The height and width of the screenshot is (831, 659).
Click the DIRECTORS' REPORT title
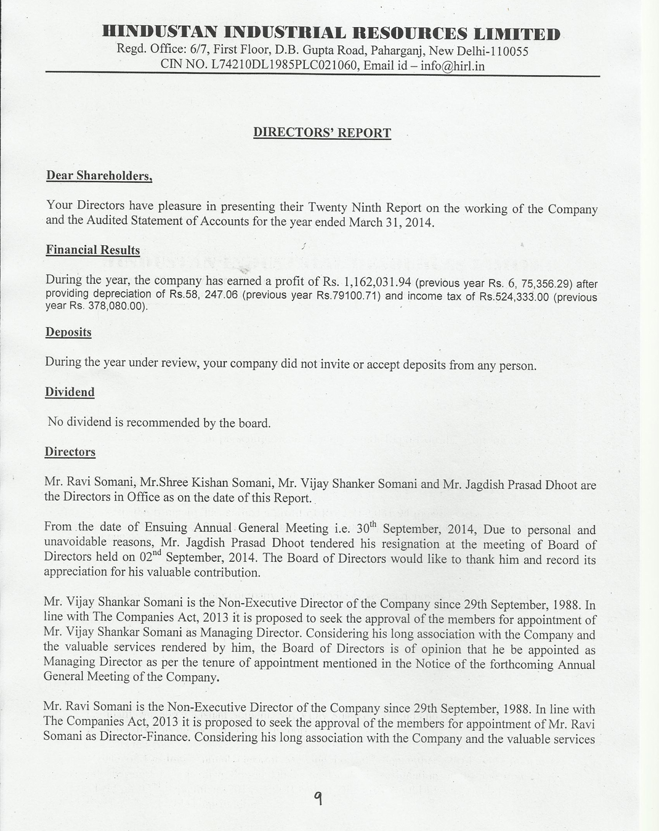[x=322, y=133]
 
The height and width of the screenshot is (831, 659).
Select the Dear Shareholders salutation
[x=99, y=176]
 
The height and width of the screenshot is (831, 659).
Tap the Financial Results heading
[x=93, y=250]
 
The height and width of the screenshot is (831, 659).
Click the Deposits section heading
[x=68, y=333]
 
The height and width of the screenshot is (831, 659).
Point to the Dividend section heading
[x=70, y=392]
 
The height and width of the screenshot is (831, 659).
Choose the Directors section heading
[x=70, y=452]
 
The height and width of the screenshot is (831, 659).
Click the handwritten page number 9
[x=318, y=799]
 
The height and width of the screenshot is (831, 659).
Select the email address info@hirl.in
[x=453, y=65]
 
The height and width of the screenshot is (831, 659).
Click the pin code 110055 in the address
[x=507, y=51]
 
